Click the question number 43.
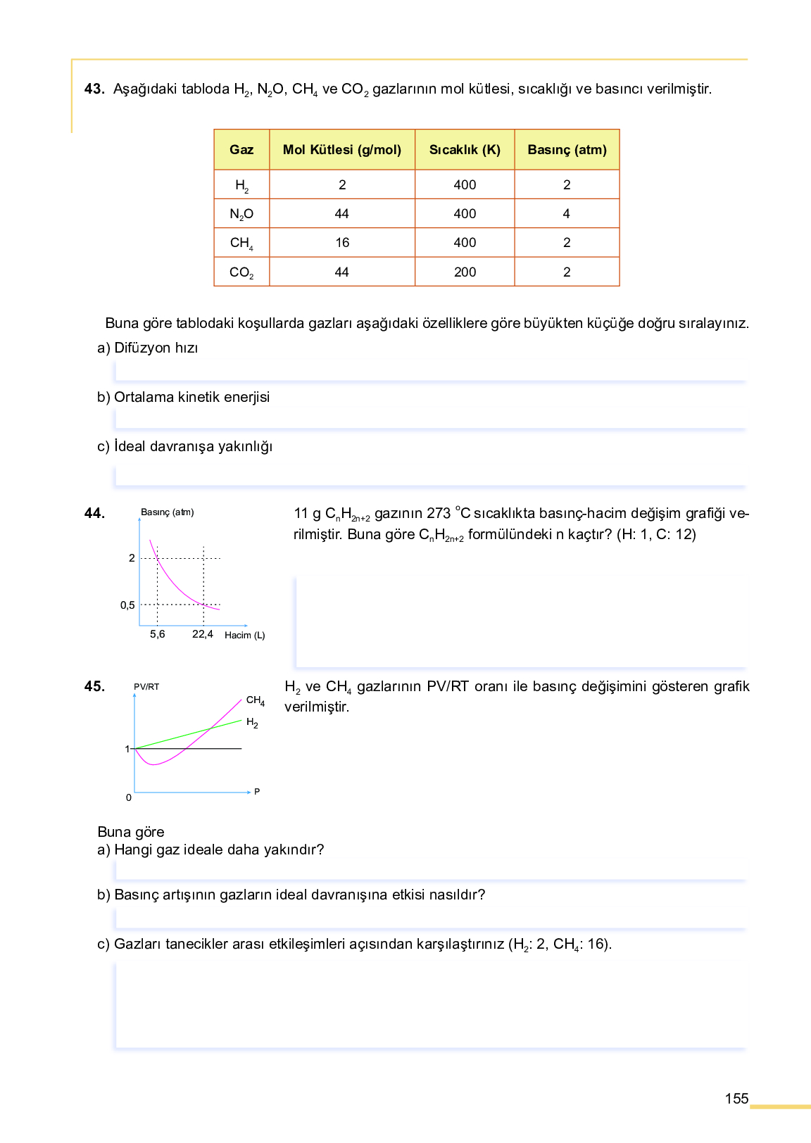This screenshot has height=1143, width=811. tap(94, 89)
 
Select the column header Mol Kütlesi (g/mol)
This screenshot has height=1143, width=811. tap(342, 150)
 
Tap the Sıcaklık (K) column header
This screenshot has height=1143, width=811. tap(465, 150)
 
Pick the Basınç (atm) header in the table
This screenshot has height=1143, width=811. tap(567, 150)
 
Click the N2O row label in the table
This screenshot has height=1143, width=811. tap(241, 214)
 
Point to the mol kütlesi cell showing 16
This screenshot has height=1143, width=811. tap(342, 243)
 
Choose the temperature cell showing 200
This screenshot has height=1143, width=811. tap(465, 272)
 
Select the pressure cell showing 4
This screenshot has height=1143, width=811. tap(567, 214)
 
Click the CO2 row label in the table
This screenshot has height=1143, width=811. tap(241, 272)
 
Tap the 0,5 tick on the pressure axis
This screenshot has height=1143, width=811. tap(127, 605)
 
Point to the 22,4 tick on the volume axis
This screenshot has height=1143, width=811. tap(203, 634)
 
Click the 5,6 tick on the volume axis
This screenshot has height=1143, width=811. tap(158, 634)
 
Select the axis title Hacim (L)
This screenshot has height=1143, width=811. tap(245, 636)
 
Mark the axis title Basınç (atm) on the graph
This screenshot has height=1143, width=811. tap(168, 512)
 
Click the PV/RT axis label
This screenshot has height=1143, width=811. tap(146, 687)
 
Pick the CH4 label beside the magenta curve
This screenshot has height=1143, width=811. tap(256, 700)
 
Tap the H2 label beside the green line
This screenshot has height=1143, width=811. tap(252, 723)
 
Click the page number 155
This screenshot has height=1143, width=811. tap(736, 1099)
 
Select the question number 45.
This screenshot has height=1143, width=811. tap(94, 687)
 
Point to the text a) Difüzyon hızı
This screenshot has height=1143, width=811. tap(148, 348)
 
